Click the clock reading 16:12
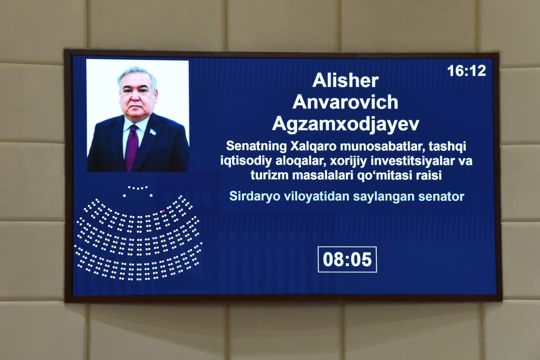coord(467,71)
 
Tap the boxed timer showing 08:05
coord(347,260)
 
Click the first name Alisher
coord(346,81)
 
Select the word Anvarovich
coord(345,102)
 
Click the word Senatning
coord(256,146)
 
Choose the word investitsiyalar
coord(412,161)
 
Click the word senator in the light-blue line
coord(441,197)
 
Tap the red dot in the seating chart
coord(163,211)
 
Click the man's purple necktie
coord(132,147)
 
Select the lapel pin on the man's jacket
coord(153,132)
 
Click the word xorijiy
coord(348,161)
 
